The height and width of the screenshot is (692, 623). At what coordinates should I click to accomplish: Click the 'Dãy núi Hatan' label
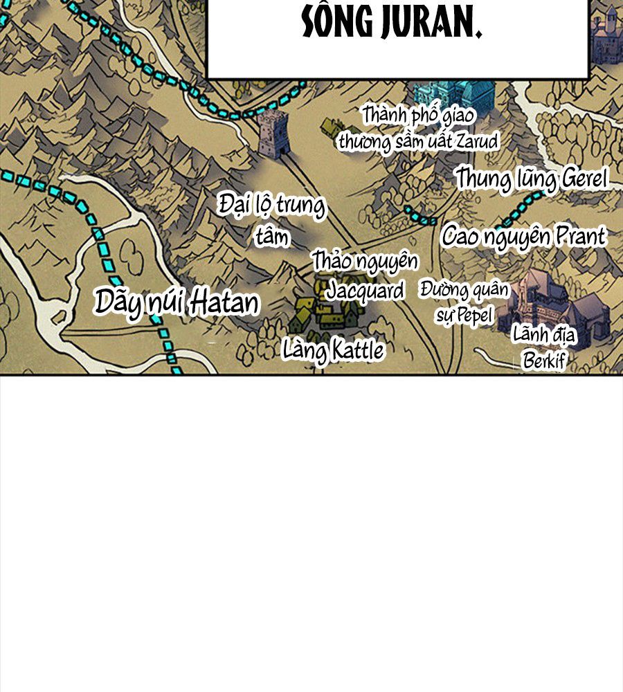click(x=177, y=302)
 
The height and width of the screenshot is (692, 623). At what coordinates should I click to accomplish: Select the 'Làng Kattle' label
click(x=333, y=350)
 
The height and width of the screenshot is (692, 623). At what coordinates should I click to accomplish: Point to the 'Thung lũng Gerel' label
click(x=531, y=179)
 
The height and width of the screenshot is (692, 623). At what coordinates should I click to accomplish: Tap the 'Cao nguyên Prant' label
click(x=524, y=237)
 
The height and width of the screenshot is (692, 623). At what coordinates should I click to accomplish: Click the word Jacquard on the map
click(x=365, y=290)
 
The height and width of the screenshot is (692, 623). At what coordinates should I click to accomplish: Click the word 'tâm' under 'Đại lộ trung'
click(x=272, y=237)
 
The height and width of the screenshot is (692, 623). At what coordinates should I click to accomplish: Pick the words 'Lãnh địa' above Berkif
click(x=544, y=336)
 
